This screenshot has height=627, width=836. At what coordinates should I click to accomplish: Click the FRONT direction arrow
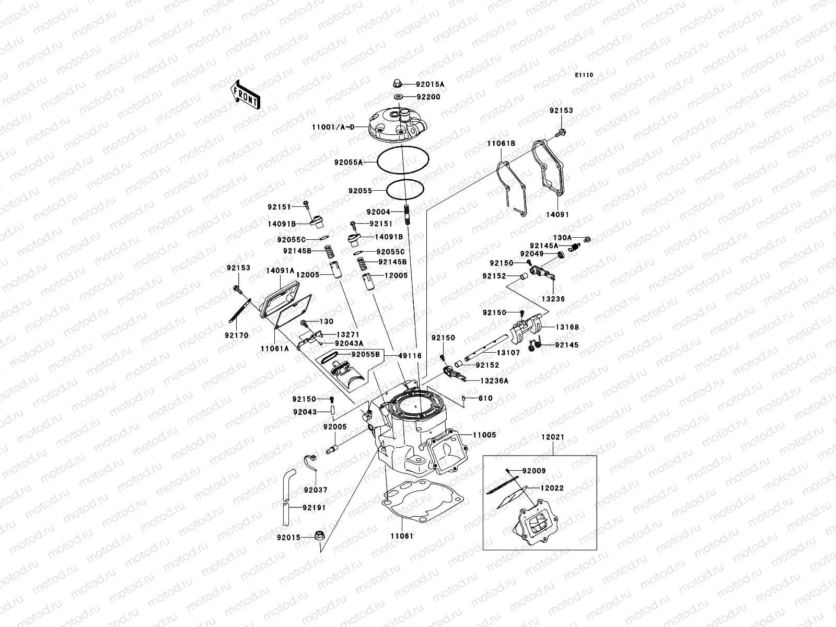coord(245,94)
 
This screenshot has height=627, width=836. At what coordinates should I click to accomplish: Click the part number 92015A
coord(430,84)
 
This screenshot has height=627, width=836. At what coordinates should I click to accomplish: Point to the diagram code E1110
coord(585,75)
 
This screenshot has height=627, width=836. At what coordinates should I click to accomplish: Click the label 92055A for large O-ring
coord(349,162)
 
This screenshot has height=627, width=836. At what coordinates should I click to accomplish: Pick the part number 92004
coord(378,212)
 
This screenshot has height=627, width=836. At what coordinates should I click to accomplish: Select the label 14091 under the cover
coord(558,215)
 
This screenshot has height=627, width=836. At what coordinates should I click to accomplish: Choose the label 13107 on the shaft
coord(508,353)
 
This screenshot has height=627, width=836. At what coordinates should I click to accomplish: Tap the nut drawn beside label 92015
coord(319,536)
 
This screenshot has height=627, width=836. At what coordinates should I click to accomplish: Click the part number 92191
coord(313,507)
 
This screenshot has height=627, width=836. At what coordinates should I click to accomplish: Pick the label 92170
coord(237,335)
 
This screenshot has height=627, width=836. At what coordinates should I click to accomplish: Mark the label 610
coord(486,398)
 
